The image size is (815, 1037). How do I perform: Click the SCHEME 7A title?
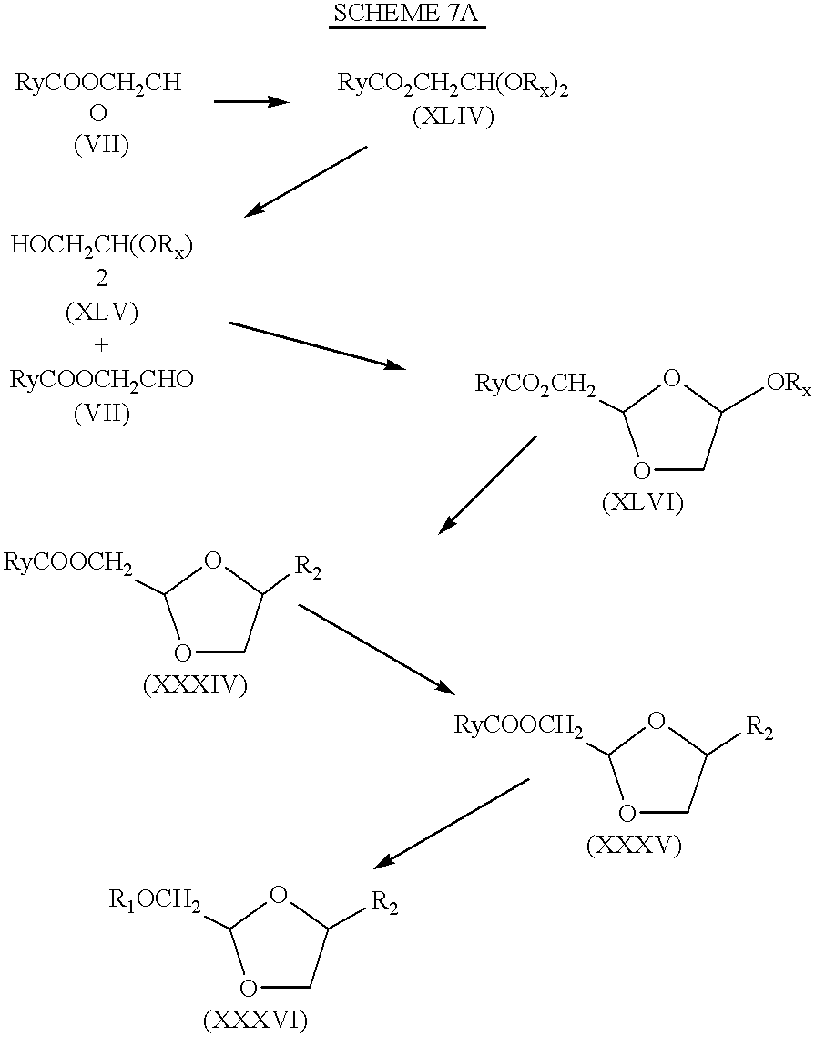pyautogui.click(x=405, y=14)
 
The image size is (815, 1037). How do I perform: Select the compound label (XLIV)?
pyautogui.click(x=453, y=118)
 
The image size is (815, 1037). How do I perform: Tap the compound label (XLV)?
pyautogui.click(x=102, y=313)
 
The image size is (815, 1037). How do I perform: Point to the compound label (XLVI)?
pyautogui.click(x=642, y=503)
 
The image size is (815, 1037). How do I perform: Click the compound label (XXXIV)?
pyautogui.click(x=195, y=685)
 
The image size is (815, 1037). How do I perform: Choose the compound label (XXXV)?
pyautogui.click(x=633, y=846)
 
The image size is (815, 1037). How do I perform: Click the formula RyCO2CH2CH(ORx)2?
pyautogui.click(x=453, y=85)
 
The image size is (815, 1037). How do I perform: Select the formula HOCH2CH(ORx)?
pyautogui.click(x=101, y=246)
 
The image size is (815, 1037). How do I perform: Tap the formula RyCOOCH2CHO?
pyautogui.click(x=101, y=380)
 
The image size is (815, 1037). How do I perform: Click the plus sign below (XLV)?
pyautogui.click(x=101, y=345)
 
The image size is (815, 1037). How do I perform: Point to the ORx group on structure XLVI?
pyautogui.click(x=788, y=384)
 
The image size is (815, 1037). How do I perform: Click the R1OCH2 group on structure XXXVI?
pyautogui.click(x=155, y=900)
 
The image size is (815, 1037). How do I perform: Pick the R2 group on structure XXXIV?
pyautogui.click(x=308, y=568)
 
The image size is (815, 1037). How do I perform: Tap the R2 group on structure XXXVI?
pyautogui.click(x=384, y=902)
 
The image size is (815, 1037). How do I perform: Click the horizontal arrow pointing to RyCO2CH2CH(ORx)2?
pyautogui.click(x=252, y=102)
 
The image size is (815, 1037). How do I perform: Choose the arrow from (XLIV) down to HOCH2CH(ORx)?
pyautogui.click(x=305, y=181)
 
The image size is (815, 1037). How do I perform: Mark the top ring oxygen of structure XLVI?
pyautogui.click(x=671, y=379)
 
